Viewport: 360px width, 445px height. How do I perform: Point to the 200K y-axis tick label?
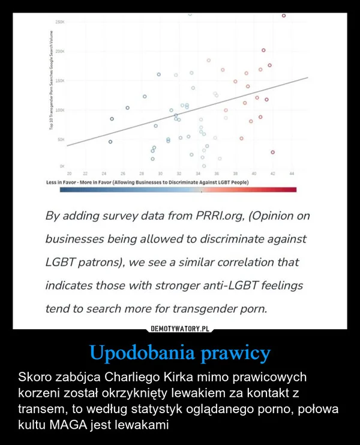coord(60,51)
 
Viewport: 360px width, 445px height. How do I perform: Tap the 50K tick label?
coord(61,139)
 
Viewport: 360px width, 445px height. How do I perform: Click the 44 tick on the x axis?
coord(292,174)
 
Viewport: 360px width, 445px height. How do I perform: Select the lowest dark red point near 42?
coord(272,152)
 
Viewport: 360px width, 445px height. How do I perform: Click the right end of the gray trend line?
coord(309,76)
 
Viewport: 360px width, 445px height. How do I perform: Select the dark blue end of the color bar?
coord(64,190)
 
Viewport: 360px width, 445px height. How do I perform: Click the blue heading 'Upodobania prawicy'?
coord(180,353)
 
